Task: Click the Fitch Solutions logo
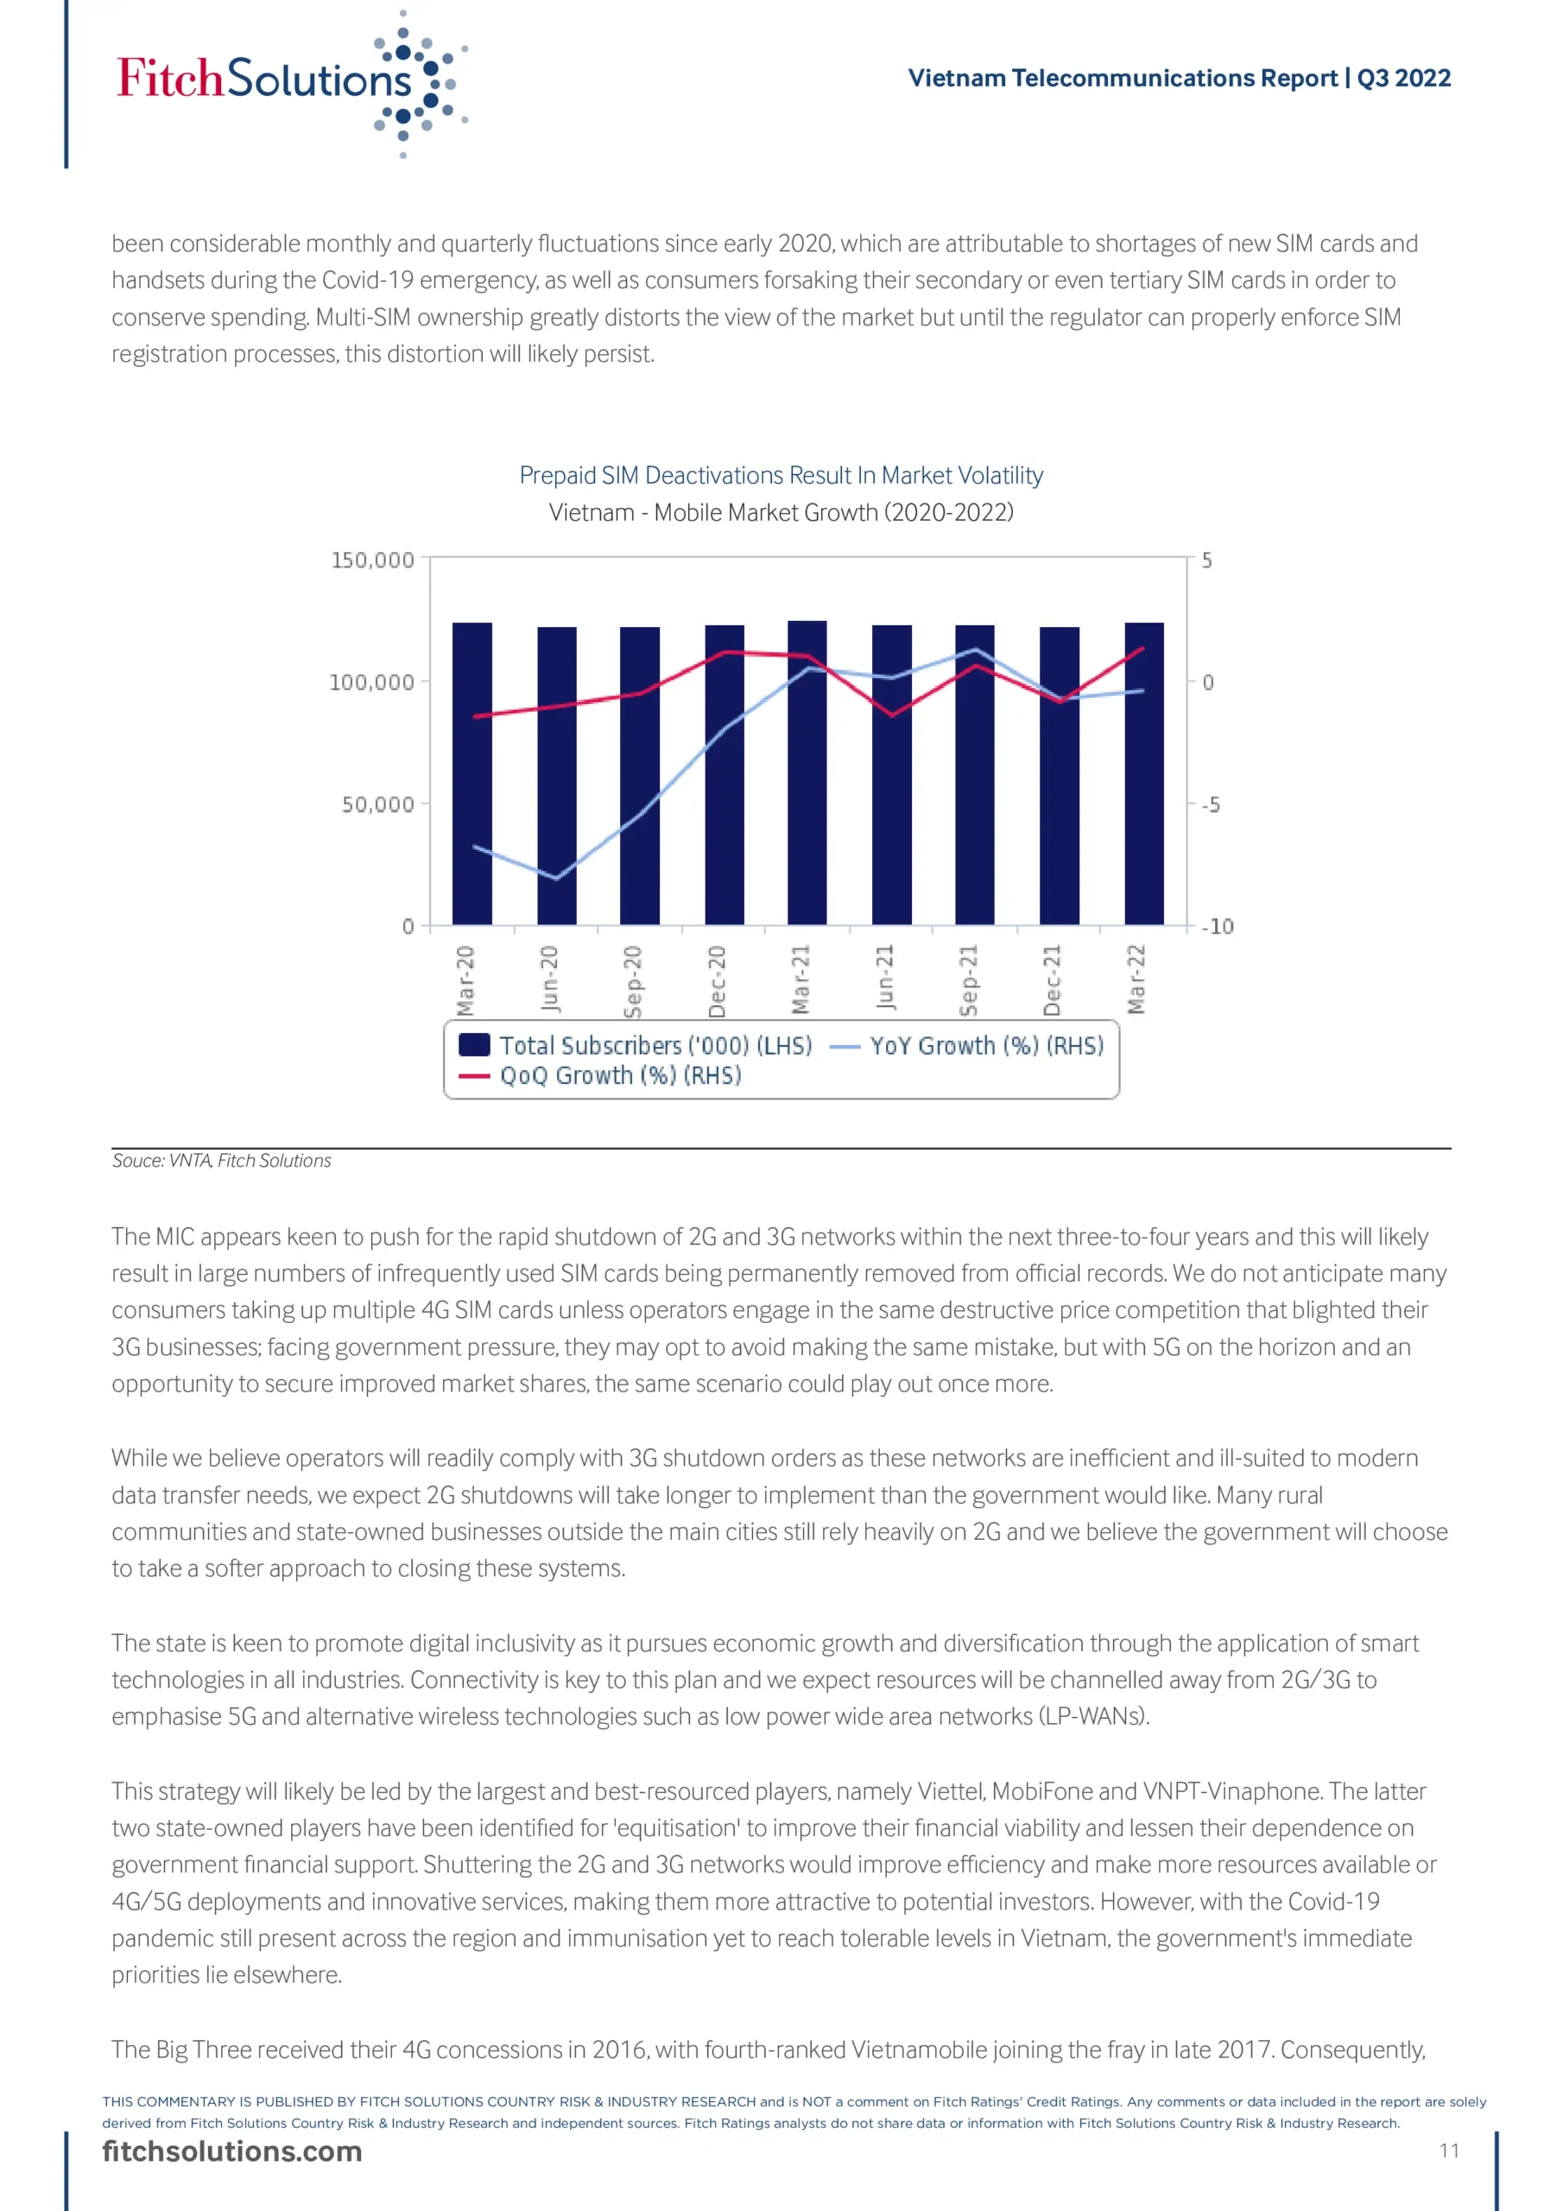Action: (289, 82)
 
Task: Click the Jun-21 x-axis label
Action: (885, 979)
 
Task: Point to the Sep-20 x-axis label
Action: (633, 980)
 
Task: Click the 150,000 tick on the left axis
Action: (373, 561)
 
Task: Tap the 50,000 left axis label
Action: (377, 804)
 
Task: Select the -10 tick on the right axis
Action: (1218, 927)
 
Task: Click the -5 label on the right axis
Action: (1211, 804)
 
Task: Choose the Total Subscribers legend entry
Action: (636, 1046)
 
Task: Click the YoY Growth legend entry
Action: (968, 1046)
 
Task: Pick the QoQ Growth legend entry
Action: (602, 1075)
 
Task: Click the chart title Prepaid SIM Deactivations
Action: (781, 475)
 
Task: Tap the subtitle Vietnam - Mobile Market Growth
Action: (781, 512)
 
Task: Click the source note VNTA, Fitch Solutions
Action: (222, 1161)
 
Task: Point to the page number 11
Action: (1449, 2151)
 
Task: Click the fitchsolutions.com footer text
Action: (232, 2151)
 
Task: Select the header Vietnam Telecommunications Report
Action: (1179, 78)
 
